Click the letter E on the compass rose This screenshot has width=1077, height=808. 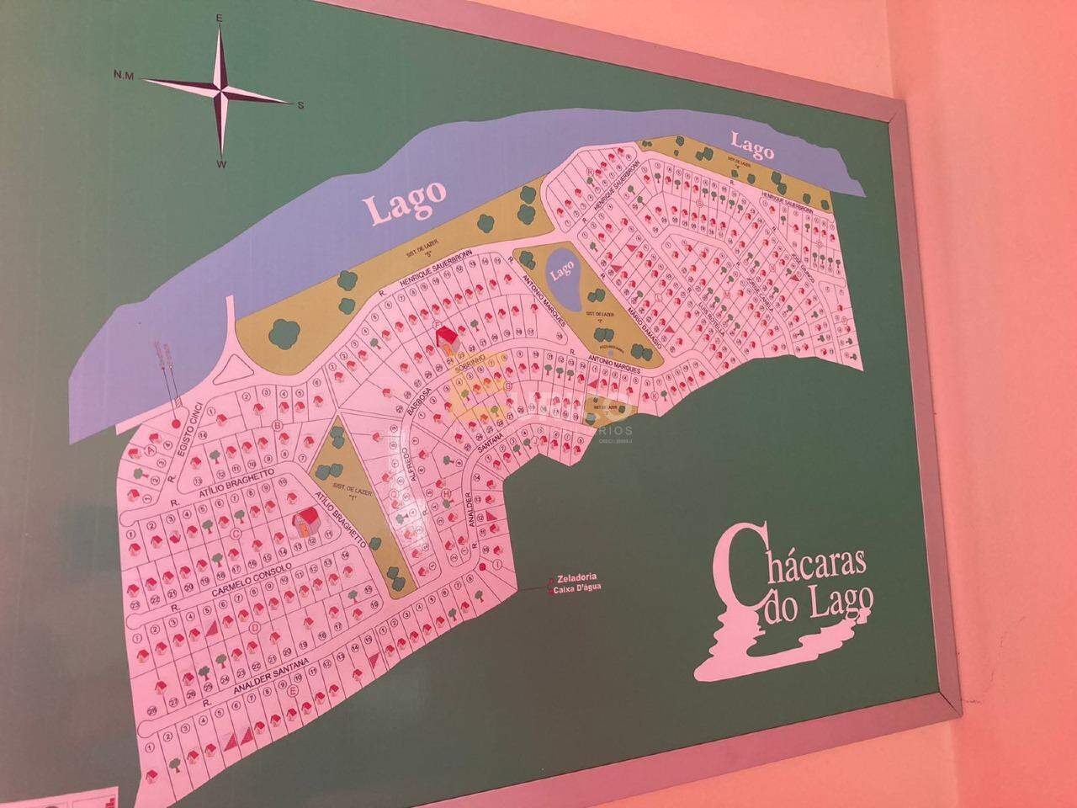pos(219,17)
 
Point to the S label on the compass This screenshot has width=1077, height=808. pos(300,105)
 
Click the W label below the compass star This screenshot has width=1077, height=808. pos(220,165)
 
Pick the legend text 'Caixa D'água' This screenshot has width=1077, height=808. pos(581,592)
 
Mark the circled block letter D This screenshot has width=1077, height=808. pos(255,626)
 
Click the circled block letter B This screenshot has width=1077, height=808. pos(277,426)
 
